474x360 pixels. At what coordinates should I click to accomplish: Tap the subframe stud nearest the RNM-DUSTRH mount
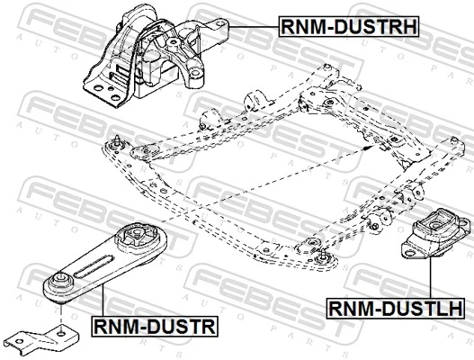[x=117, y=141]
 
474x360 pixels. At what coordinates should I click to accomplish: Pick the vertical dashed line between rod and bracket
[x=59, y=315]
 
